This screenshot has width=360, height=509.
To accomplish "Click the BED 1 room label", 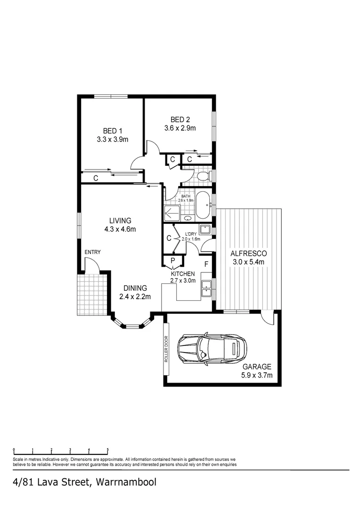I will coord(113,131).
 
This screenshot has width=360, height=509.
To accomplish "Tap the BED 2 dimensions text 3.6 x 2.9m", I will coord(180,128).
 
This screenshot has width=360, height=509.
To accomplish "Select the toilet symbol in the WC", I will coord(203,176).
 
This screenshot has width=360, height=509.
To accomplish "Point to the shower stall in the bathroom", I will coord(172,213).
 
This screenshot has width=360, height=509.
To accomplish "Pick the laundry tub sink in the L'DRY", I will coord(205,230).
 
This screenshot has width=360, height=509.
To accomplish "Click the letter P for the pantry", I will coord(172,261).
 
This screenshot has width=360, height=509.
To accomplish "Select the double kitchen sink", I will coord(206,288).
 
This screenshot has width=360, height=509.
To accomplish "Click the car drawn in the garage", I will coord(212,349).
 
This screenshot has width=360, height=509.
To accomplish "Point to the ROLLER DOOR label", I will coord(166,349).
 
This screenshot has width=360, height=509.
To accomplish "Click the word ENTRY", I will coord(92,252).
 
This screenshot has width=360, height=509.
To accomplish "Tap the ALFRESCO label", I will coord(248,254).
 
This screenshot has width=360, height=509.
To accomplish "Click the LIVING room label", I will coord(120,221).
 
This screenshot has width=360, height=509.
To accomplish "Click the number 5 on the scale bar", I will coord(107,450).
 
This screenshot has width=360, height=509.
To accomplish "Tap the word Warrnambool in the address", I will coord(127,482).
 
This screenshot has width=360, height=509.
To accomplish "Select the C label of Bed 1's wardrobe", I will coord(96,178).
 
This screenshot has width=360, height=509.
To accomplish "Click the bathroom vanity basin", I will coord(188,218).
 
